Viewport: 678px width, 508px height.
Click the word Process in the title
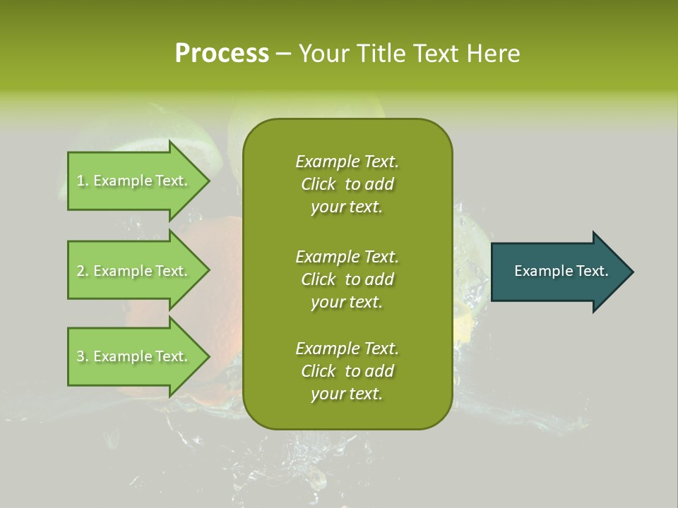coord(222,53)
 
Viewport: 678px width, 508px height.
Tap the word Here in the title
coord(493,53)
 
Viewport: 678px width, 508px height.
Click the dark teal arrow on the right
coord(563,272)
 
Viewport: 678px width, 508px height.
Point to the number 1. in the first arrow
coord(83,181)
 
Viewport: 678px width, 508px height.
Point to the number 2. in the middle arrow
coord(83,271)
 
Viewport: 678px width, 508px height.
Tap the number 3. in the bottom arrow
coord(83,356)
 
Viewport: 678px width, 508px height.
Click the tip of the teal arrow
coord(634,272)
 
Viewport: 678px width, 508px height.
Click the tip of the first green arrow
coord(210,181)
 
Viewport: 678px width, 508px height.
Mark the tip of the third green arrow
coord(210,357)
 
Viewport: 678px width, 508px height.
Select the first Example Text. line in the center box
coord(347,162)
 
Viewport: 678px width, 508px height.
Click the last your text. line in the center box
coord(347,394)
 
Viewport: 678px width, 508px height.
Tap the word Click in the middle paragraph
coord(319,279)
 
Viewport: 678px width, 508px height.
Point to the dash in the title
coord(283,54)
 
